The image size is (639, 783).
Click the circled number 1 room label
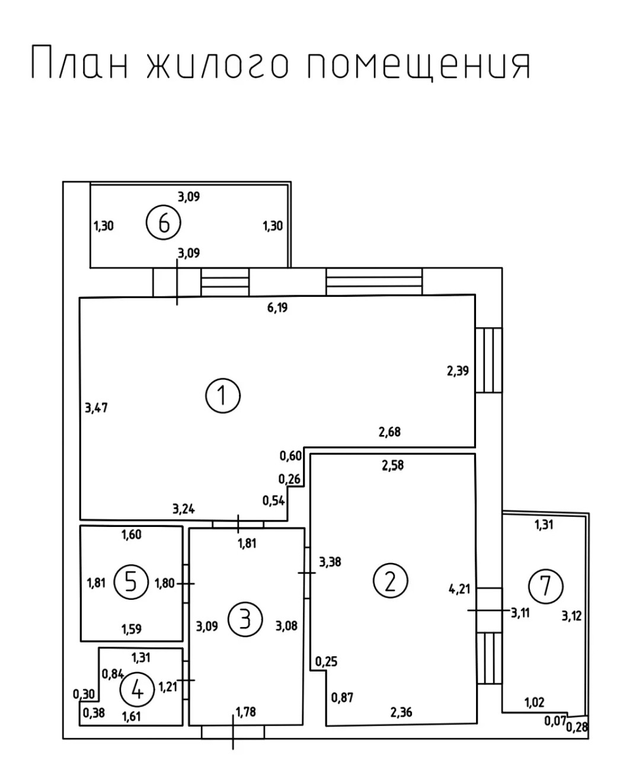[223, 396]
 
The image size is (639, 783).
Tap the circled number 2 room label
[390, 581]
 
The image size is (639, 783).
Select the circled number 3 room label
[244, 619]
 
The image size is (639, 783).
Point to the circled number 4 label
[137, 690]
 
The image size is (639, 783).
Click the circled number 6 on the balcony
[164, 223]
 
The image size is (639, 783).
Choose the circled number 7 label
[545, 586]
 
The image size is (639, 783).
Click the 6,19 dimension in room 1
[277, 308]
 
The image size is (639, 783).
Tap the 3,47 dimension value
[96, 408]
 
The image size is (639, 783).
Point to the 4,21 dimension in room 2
[459, 589]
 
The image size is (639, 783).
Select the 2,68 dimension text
[389, 432]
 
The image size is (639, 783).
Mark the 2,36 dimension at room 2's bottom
[401, 712]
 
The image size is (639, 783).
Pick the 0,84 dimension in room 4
[113, 673]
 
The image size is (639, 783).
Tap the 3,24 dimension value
[184, 509]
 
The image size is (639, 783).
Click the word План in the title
[79, 63]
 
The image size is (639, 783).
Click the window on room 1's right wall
[489, 360]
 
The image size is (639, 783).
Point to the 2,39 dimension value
[458, 371]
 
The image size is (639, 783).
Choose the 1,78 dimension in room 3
[245, 711]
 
